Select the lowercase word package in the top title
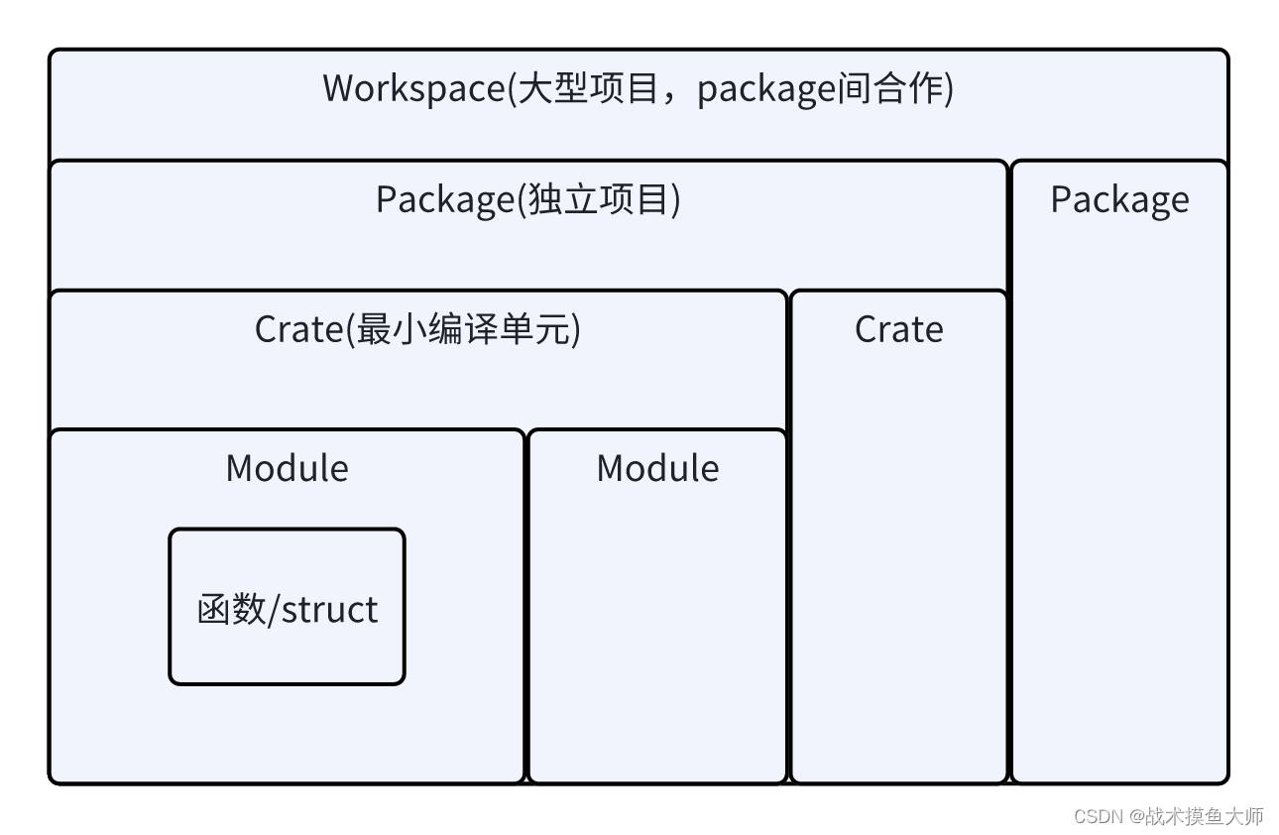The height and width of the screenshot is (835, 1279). click(763, 89)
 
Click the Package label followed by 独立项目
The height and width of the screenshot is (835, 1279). click(443, 200)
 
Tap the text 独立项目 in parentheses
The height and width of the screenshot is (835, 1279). click(599, 200)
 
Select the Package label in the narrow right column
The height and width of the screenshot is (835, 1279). click(1119, 200)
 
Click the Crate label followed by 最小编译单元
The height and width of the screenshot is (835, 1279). click(298, 329)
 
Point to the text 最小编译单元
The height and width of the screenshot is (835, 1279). click(466, 329)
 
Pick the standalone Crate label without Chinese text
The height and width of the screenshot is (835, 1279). click(898, 329)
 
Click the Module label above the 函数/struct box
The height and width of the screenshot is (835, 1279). click(287, 468)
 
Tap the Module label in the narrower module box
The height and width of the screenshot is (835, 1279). click(657, 468)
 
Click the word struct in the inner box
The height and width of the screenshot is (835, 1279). click(329, 609)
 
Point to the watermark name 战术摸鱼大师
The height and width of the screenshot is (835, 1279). click(1205, 816)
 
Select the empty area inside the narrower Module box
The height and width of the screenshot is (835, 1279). click(657, 635)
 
